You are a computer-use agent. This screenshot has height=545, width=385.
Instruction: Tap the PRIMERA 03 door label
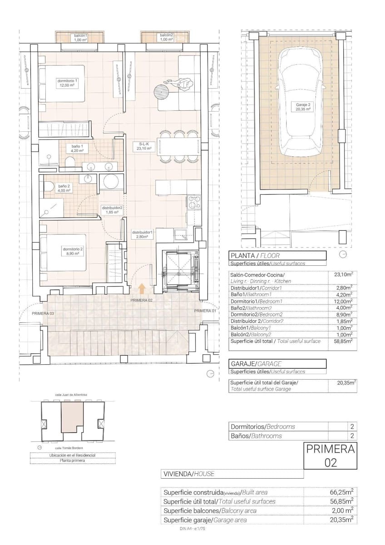click(x=43, y=314)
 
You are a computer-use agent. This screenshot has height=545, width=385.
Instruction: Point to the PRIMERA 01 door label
click(x=205, y=311)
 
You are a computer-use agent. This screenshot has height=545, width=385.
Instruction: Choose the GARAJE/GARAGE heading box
click(x=277, y=364)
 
